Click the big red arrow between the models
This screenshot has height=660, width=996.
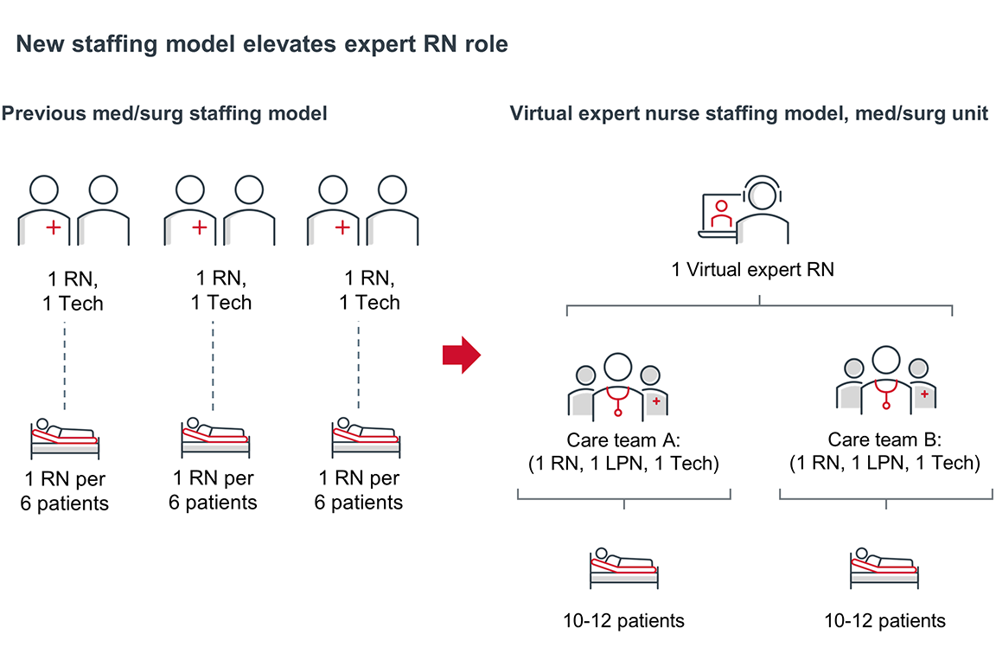pos(461,355)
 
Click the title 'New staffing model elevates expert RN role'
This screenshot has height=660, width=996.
pos(262,44)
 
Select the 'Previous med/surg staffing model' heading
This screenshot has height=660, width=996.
pos(164,113)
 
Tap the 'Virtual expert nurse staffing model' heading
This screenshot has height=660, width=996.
pos(749,113)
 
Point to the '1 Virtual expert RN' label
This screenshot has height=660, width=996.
pos(752,269)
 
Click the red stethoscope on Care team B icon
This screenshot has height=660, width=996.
pos(884,394)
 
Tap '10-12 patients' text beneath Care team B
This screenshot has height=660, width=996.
pos(884,620)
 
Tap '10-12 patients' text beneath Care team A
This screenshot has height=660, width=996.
pos(622,620)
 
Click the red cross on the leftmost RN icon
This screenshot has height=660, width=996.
pos(54,228)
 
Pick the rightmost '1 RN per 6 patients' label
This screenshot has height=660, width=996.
pos(359,490)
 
